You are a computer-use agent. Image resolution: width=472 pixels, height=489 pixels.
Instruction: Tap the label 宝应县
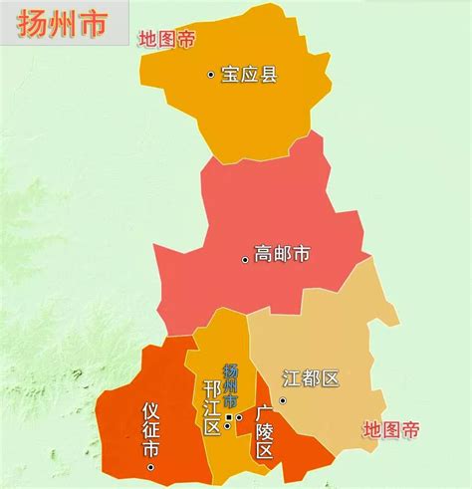tap(248, 75)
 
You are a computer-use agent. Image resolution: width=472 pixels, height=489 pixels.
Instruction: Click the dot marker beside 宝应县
tap(210, 75)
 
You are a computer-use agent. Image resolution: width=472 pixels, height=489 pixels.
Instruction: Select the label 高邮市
tap(282, 254)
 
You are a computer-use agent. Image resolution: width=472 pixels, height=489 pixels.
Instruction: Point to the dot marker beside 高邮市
tap(245, 259)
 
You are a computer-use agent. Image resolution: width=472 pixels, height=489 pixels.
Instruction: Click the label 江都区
tap(311, 379)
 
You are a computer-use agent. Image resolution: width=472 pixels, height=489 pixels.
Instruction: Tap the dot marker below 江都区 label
tap(282, 401)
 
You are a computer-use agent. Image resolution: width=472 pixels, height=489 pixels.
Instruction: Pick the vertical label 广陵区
tap(264, 430)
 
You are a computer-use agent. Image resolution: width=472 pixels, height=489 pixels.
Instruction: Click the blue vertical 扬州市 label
tap(231, 382)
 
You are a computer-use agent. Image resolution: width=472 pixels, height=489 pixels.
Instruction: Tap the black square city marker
tap(228, 417)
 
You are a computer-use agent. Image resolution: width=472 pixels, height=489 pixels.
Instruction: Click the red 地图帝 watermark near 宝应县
tap(165, 41)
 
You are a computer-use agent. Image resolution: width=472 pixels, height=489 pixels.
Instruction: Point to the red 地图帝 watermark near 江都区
tap(390, 430)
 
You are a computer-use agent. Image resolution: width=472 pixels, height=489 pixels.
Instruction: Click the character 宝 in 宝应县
tap(230, 75)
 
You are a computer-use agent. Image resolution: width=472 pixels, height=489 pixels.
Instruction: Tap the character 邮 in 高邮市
tap(282, 254)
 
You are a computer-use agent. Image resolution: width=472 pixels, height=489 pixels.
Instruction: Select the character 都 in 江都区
tap(311, 379)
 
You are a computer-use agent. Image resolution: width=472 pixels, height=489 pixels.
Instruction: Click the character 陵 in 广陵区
tap(264, 431)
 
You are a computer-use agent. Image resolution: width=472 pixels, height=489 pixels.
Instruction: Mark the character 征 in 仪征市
tap(151, 430)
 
